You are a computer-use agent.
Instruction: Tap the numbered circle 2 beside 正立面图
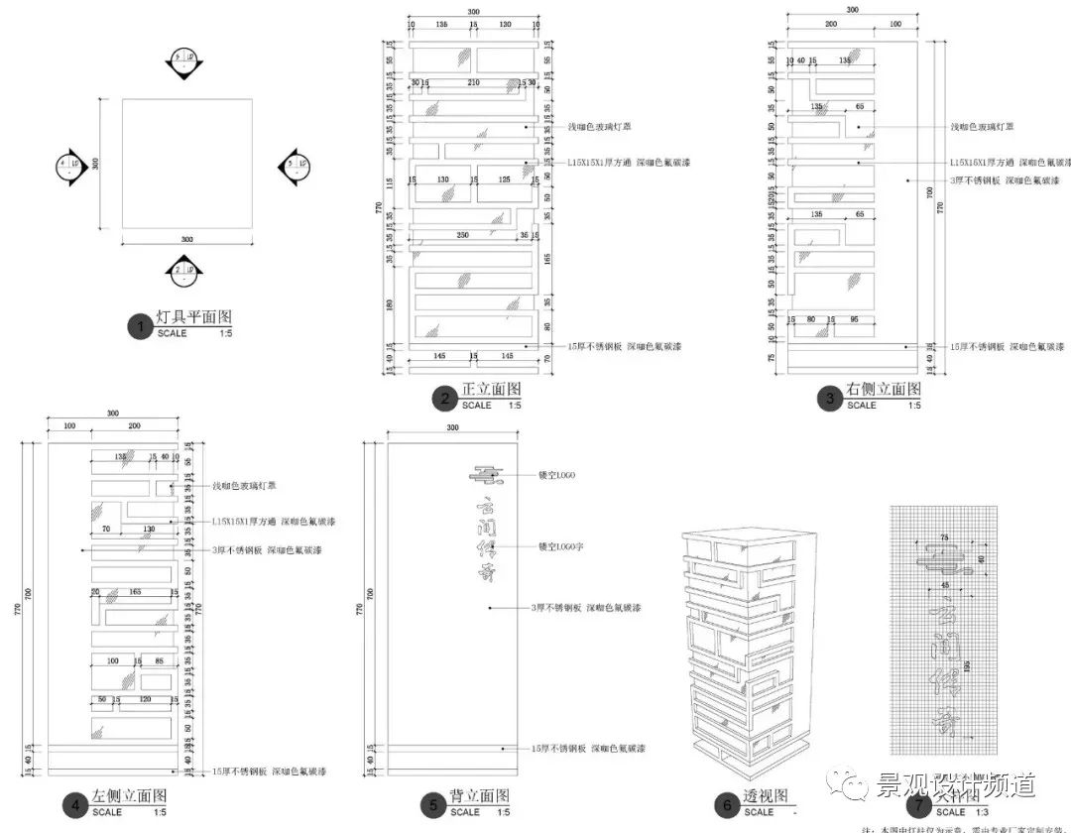pos(443,399)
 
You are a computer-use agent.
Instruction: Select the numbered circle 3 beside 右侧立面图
pos(829,399)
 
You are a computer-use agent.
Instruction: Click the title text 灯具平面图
pos(194,318)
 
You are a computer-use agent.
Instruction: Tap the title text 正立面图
pos(491,391)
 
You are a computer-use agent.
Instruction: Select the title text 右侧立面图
pos(884,390)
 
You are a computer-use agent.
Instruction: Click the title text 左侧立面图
pos(129,797)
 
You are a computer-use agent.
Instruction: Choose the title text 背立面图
pos(480,797)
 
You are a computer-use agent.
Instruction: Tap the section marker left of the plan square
pos(68,166)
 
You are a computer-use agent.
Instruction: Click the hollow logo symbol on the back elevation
pos(487,477)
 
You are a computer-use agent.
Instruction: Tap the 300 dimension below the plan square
pos(185,239)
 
